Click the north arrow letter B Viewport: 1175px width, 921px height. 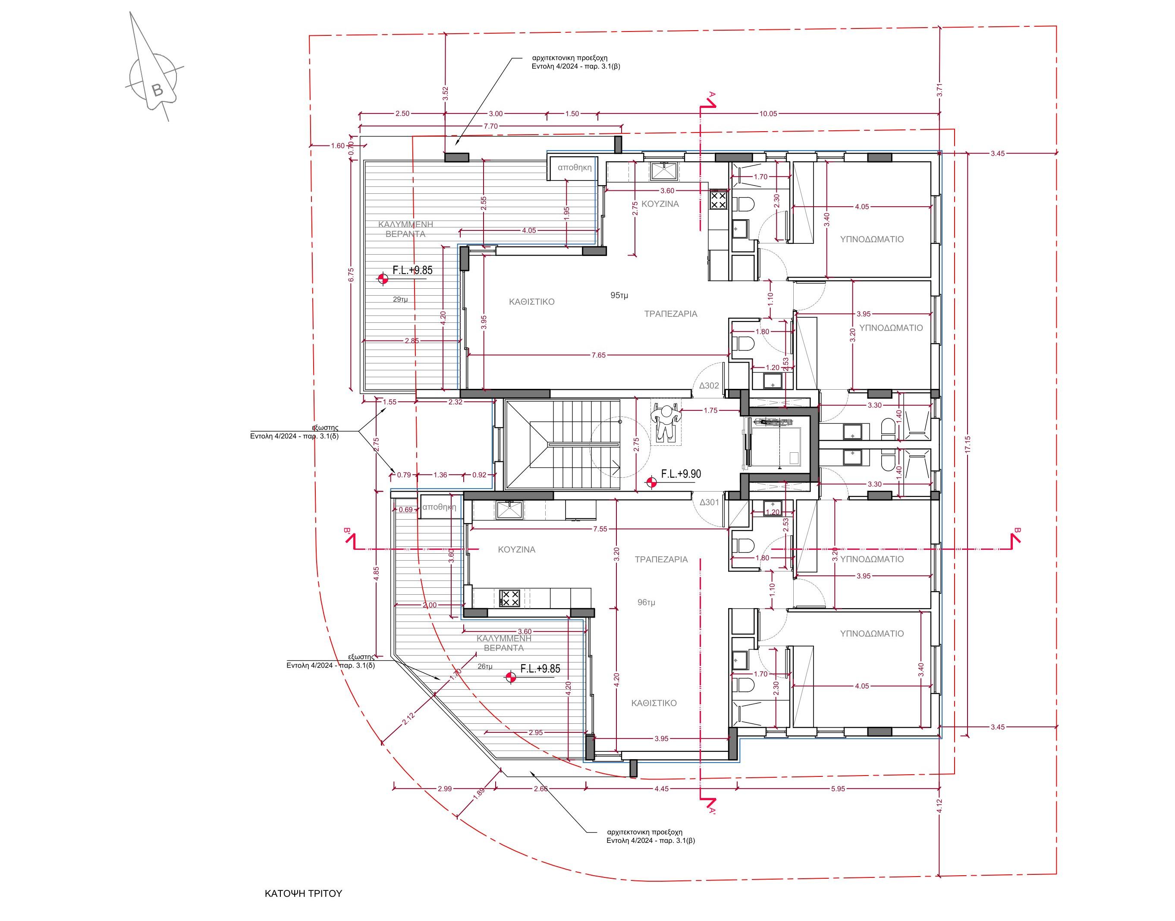click(x=157, y=90)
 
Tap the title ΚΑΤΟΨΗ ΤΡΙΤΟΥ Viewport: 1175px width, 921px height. click(x=303, y=893)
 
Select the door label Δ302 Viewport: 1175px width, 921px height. click(x=709, y=385)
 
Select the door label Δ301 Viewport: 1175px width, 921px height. click(x=709, y=502)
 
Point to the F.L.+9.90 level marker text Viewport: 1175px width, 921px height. click(x=681, y=474)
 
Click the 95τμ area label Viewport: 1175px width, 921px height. click(x=619, y=296)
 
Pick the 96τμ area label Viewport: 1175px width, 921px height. click(x=646, y=602)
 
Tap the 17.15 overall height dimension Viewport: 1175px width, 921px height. click(x=968, y=444)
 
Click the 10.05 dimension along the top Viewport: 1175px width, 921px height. click(x=768, y=114)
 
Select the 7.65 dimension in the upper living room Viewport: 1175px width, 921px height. click(x=598, y=355)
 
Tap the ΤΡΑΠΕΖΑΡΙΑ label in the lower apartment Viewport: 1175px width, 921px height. click(x=661, y=559)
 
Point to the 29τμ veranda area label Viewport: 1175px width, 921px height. click(x=400, y=299)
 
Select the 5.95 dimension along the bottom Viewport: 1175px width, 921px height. click(x=838, y=789)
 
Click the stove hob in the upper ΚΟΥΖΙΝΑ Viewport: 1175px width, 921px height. click(x=718, y=201)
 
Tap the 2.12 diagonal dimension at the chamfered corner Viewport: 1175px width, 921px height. click(x=408, y=718)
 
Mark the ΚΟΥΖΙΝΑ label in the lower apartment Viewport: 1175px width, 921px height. click(x=516, y=549)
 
